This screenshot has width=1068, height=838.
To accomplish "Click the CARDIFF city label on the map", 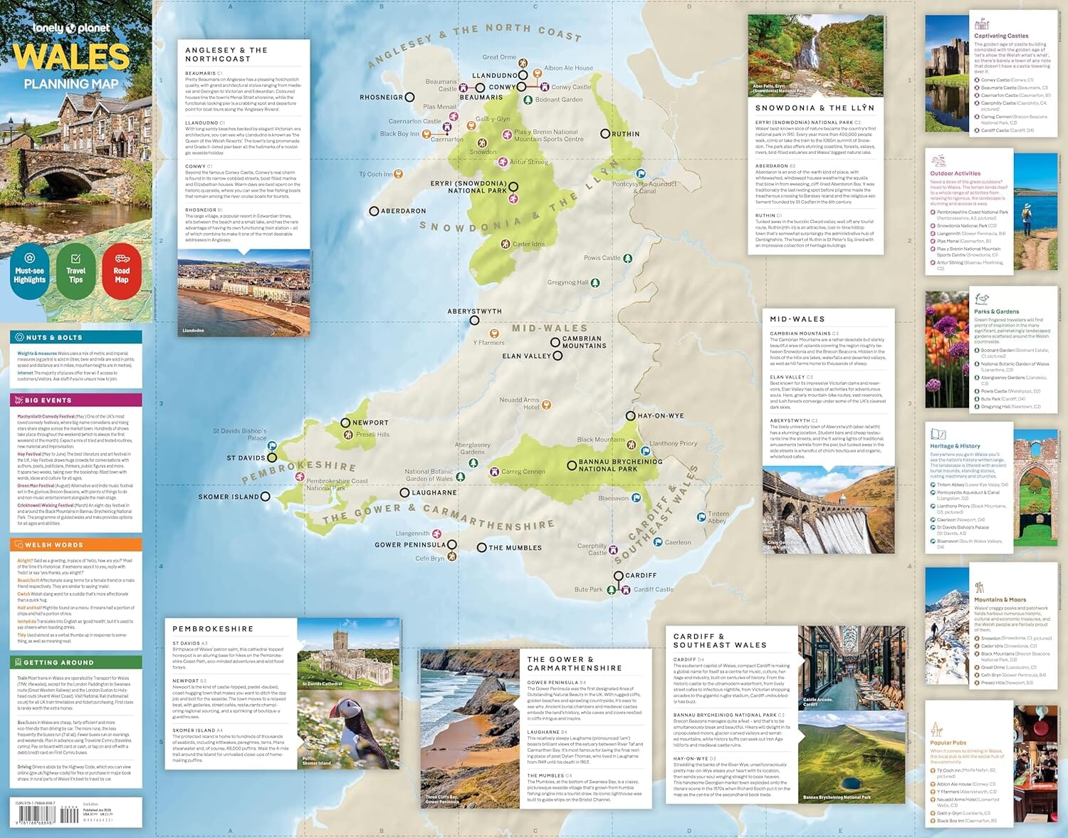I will pos(641,575).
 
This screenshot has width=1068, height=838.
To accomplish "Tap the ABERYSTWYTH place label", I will pos(474,311).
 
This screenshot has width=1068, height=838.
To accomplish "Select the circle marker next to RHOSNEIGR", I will pos(409,97).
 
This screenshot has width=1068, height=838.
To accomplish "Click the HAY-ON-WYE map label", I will pos(660,415).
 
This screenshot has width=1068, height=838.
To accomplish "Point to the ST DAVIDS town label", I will pos(246,458).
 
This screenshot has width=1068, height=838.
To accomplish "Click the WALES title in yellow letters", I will pos(71,57).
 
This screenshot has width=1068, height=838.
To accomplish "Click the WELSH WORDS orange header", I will pos(54,544).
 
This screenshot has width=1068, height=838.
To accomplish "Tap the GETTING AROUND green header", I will pos(58,662).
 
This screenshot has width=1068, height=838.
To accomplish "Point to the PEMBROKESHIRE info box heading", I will pos(213,628).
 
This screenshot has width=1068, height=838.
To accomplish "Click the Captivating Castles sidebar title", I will pos(1001,36).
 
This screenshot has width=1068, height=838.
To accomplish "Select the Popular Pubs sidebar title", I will pos(948,743).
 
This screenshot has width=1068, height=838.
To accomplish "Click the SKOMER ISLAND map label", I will pos(229,497).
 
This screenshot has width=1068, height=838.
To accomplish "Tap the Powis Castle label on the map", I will pos(602,258).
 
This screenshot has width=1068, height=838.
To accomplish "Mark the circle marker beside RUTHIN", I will pos(605,133).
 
